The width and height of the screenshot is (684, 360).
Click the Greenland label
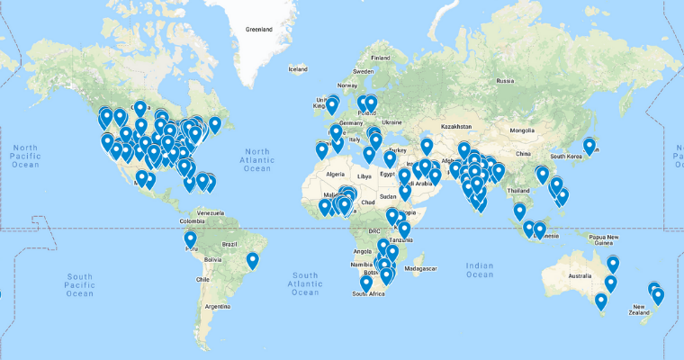tap(258, 29)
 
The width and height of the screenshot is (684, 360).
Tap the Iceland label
tap(298, 68)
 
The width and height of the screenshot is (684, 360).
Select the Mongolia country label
tap(522, 130)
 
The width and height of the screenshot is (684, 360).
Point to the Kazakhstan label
tap(456, 127)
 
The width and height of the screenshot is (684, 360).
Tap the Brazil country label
tap(229, 244)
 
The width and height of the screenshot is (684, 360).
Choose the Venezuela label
tap(210, 212)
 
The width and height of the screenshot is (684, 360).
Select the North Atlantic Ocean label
tap(257, 159)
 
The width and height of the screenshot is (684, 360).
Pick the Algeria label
tap(335, 174)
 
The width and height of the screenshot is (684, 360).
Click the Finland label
tap(380, 58)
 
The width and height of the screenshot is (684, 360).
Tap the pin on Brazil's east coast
tap(253, 261)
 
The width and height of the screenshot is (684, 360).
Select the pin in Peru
tap(191, 239)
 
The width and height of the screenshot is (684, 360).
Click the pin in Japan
tap(589, 145)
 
